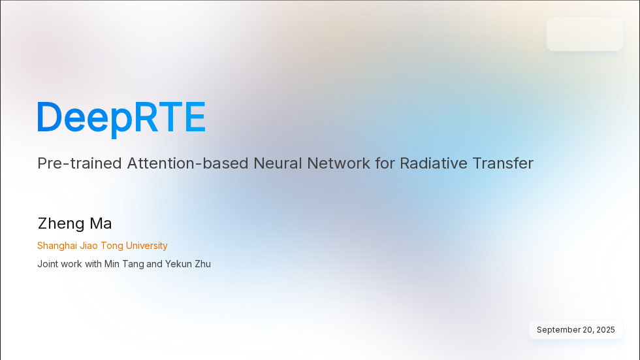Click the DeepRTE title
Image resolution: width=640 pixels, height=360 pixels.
(x=121, y=118)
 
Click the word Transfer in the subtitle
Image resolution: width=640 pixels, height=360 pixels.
(x=502, y=163)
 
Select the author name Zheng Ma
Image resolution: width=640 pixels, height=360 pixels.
(x=74, y=223)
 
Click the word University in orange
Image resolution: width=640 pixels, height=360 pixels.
(x=147, y=246)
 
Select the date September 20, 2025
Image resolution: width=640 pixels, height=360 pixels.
(x=575, y=330)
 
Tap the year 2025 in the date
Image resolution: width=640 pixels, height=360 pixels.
(x=605, y=330)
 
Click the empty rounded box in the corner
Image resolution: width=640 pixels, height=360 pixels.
(x=584, y=34)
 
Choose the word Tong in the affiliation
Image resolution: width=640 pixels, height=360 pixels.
(x=113, y=246)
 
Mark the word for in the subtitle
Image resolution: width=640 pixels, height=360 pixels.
(x=385, y=163)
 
